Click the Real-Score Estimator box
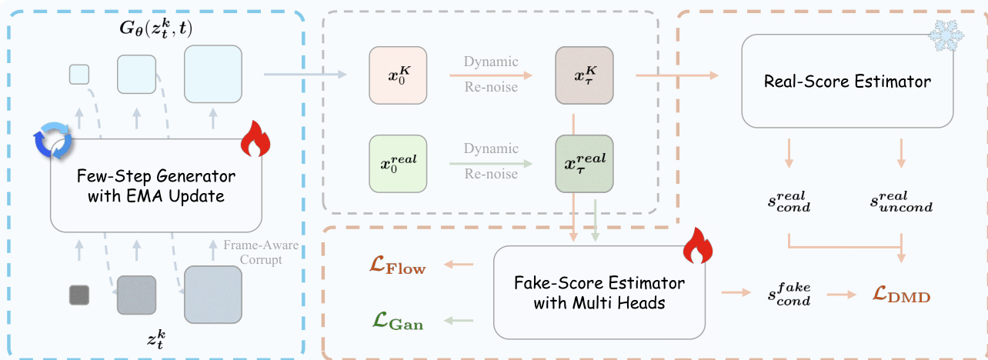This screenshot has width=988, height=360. (846, 81)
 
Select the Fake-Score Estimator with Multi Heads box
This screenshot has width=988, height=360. (599, 292)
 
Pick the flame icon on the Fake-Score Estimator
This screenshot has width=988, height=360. (698, 244)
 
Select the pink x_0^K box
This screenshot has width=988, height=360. (399, 75)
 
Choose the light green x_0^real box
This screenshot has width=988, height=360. (399, 163)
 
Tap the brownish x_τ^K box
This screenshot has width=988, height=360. (585, 75)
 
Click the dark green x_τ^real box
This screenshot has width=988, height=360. (585, 163)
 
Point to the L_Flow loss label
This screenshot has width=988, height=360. (396, 267)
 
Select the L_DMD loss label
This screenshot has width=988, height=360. (903, 294)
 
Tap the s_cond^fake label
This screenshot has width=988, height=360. (789, 294)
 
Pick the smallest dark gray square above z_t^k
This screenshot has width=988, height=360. (78, 295)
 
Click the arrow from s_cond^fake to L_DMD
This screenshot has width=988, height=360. (841, 294)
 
